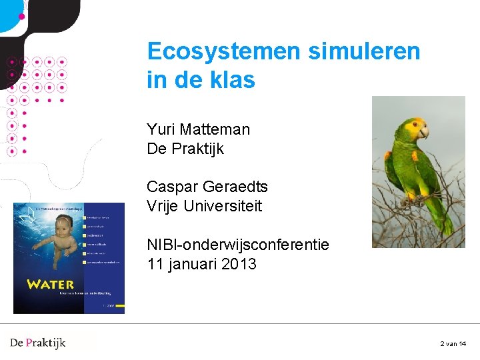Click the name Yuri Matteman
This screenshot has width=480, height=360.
pos(198,129)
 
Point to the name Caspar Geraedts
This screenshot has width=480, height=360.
pos(207,187)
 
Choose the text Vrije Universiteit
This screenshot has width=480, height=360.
pos(204,206)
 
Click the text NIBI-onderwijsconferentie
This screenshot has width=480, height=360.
pos(237,245)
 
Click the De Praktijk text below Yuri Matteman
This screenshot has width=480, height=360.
pos(185,149)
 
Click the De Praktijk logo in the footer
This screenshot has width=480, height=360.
pos(38,343)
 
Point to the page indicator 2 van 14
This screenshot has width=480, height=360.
pos(453,343)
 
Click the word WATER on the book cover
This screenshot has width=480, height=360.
pos(51,285)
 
